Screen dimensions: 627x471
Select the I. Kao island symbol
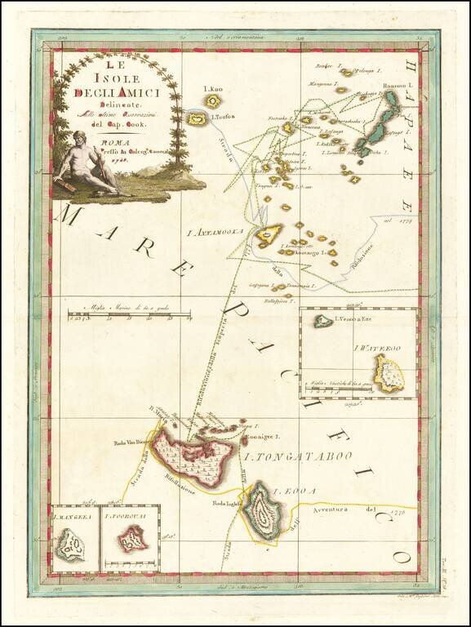[x=213, y=101]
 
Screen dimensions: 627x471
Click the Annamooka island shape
[x=268, y=236]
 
